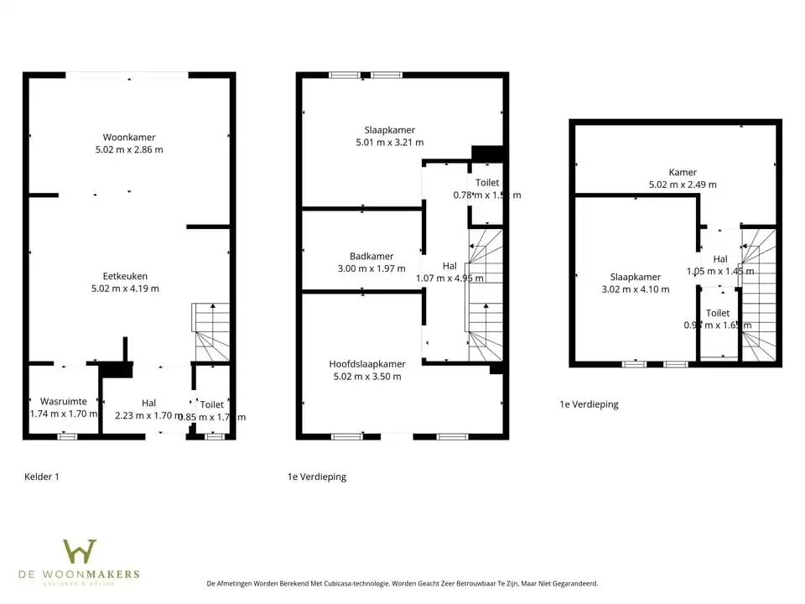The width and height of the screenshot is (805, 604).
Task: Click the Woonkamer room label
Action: (129, 138)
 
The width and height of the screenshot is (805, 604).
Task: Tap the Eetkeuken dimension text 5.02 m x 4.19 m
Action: (125, 289)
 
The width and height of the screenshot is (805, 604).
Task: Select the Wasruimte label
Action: (63, 402)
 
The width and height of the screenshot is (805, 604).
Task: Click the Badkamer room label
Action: (371, 257)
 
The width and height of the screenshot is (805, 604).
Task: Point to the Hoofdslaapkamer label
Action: (367, 364)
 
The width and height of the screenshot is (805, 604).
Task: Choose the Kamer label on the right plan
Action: (683, 173)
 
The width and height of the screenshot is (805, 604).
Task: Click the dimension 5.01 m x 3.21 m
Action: (390, 143)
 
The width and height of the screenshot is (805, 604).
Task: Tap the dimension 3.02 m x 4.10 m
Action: (636, 289)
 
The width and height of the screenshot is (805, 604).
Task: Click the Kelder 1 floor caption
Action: (42, 476)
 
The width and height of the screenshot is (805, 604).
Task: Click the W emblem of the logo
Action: (80, 552)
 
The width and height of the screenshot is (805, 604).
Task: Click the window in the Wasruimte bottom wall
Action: (67, 436)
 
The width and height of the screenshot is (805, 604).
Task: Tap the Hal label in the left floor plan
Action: (148, 404)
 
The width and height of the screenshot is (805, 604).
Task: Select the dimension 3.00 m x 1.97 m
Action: (365, 269)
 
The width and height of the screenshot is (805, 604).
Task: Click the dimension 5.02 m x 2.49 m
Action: (683, 185)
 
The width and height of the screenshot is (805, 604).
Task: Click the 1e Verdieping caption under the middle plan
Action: (317, 476)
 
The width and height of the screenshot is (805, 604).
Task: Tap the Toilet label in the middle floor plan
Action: (487, 183)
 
